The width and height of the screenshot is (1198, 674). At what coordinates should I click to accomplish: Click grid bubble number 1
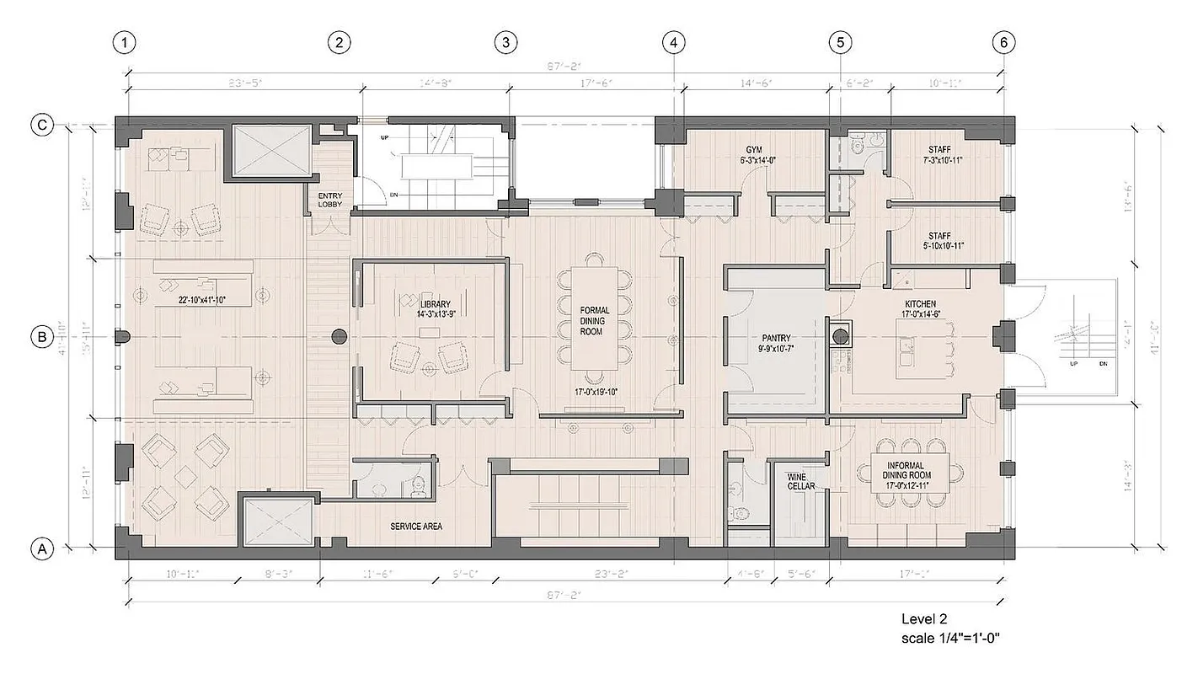pyautogui.click(x=125, y=42)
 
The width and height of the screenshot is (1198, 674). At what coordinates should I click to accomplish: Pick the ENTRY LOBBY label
pyautogui.click(x=329, y=200)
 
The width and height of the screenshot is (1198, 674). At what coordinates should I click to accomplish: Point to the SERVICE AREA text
pyautogui.click(x=416, y=527)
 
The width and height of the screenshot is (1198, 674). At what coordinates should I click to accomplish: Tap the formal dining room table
pyautogui.click(x=595, y=318)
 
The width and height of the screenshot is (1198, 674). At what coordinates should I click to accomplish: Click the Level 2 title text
pyautogui.click(x=927, y=619)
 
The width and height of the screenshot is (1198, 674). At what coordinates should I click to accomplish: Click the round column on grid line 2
pyautogui.click(x=340, y=337)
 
